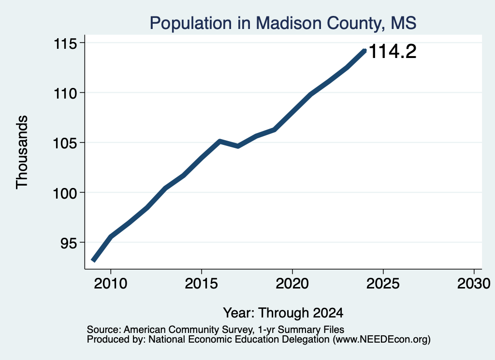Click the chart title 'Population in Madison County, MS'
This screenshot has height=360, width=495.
(283, 23)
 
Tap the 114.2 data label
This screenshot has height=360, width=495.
(393, 51)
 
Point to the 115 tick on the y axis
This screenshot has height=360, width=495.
(65, 43)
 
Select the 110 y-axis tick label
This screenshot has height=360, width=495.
(65, 93)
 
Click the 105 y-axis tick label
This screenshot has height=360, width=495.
(65, 143)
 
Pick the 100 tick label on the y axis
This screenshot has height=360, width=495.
(65, 193)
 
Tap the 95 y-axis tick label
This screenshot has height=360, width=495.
(69, 243)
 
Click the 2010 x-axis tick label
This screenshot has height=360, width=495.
(111, 284)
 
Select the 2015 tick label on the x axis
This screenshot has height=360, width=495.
(202, 284)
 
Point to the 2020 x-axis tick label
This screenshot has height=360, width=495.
(292, 284)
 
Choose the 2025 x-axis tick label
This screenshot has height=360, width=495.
(383, 284)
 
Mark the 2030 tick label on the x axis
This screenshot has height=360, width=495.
(474, 284)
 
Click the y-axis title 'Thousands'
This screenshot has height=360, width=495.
(22, 152)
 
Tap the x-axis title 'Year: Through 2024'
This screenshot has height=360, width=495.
(283, 313)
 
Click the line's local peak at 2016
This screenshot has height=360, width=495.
(220, 141)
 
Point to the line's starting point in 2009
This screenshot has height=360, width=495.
(93, 260)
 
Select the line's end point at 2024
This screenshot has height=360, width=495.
(364, 51)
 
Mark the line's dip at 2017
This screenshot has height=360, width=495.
(238, 146)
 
